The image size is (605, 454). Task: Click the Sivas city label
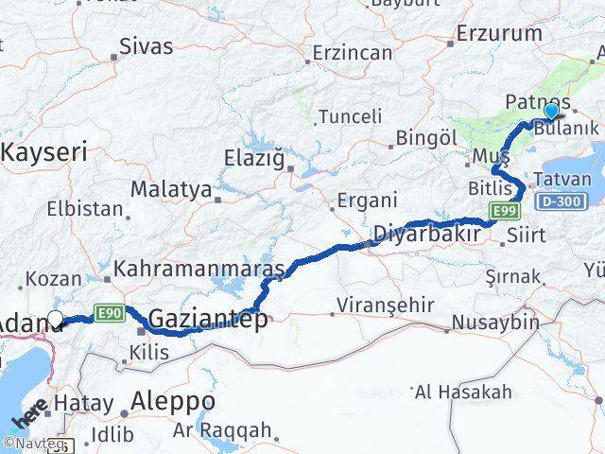tap(146, 46)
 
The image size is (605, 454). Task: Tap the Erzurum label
tap(499, 34)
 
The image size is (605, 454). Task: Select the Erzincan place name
tap(352, 53)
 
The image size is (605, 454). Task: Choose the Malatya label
tap(171, 188)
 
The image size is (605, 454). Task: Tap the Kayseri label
tap(44, 151)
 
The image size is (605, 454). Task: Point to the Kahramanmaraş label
tap(199, 271)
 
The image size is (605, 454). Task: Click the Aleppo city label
tap(174, 402)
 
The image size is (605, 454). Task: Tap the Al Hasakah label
tap(463, 392)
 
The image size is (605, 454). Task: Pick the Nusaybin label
tap(494, 322)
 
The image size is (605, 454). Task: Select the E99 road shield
tap(501, 209)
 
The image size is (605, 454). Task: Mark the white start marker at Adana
tap(55, 320)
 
